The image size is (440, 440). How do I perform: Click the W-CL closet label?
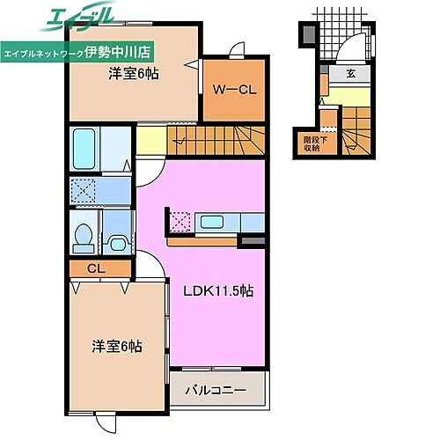click(233, 88)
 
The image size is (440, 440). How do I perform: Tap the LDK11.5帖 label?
click(217, 291)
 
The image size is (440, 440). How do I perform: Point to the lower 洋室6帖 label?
click(117, 348)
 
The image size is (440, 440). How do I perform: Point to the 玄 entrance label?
click(351, 74)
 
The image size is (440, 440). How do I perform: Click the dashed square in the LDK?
click(181, 220)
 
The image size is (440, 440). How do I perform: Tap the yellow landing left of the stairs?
click(151, 139)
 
